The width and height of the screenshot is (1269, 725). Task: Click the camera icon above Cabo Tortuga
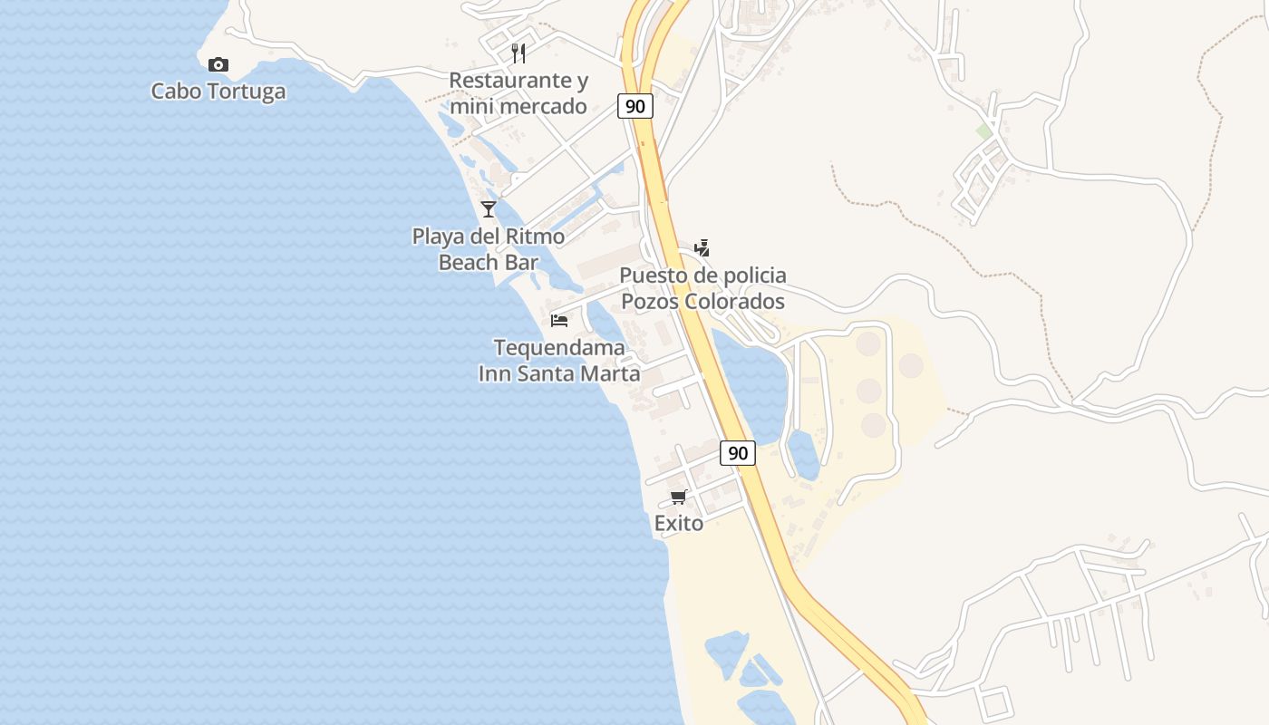[x=218, y=64]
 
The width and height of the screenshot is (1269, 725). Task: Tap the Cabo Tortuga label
[x=218, y=91]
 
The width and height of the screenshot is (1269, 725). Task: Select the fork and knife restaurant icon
[x=518, y=53]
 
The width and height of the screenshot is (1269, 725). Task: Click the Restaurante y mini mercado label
[x=518, y=93]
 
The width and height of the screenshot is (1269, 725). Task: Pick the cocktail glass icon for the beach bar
[x=489, y=209]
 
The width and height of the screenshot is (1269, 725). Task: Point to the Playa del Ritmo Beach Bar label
[x=489, y=249]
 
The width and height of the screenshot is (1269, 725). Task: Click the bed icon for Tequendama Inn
[x=559, y=320]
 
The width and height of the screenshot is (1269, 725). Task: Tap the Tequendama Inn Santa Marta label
[x=559, y=360]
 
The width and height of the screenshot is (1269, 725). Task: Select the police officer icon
[x=702, y=247]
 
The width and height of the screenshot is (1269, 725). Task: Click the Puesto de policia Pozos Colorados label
[x=702, y=288]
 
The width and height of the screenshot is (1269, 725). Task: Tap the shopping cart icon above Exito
[x=679, y=497]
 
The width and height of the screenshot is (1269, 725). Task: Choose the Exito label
[x=679, y=523]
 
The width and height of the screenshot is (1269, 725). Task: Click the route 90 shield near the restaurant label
[x=635, y=106]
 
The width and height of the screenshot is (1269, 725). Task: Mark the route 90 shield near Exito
[x=738, y=452]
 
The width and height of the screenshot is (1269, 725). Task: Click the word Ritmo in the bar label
[x=537, y=237]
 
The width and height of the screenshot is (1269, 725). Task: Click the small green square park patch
[x=984, y=131]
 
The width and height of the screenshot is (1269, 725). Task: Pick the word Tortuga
[x=245, y=91]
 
